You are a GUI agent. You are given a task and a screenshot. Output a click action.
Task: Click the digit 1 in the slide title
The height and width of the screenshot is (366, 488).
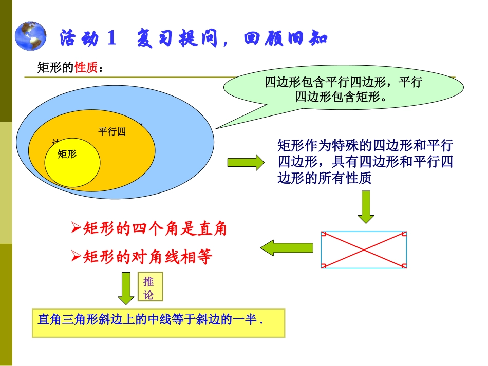[112, 38]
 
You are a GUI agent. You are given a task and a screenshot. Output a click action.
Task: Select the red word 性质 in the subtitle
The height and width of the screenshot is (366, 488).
[86, 68]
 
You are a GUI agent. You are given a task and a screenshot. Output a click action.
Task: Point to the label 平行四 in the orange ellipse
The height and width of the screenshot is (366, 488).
[112, 131]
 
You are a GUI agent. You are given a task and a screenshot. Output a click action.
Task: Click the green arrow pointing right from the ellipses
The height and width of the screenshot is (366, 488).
[246, 163]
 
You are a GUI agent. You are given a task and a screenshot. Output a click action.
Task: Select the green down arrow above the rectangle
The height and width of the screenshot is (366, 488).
[366, 207]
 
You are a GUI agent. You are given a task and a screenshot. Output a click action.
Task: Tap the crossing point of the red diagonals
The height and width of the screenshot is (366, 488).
[364, 250]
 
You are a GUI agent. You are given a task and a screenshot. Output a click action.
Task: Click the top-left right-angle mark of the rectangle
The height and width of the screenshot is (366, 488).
[324, 235]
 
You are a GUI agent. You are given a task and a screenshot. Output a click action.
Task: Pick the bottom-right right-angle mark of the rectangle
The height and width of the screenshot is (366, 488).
[404, 265]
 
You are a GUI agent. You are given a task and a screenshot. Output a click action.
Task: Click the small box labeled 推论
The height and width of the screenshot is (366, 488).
[149, 287]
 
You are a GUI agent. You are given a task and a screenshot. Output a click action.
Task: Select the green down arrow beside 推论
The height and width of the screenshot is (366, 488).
[126, 288]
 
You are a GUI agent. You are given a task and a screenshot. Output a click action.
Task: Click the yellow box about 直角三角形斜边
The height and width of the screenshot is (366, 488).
[158, 322]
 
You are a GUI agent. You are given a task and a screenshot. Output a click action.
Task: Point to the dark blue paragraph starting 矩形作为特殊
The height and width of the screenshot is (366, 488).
[365, 162]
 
